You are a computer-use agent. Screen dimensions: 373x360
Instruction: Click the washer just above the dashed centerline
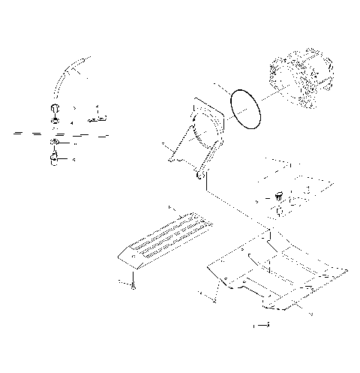(x=56, y=120)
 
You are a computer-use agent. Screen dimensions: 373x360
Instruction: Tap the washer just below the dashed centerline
(x=56, y=143)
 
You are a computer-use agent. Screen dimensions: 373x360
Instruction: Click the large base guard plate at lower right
(x=277, y=274)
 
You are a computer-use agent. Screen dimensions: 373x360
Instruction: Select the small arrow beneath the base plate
(x=262, y=325)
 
